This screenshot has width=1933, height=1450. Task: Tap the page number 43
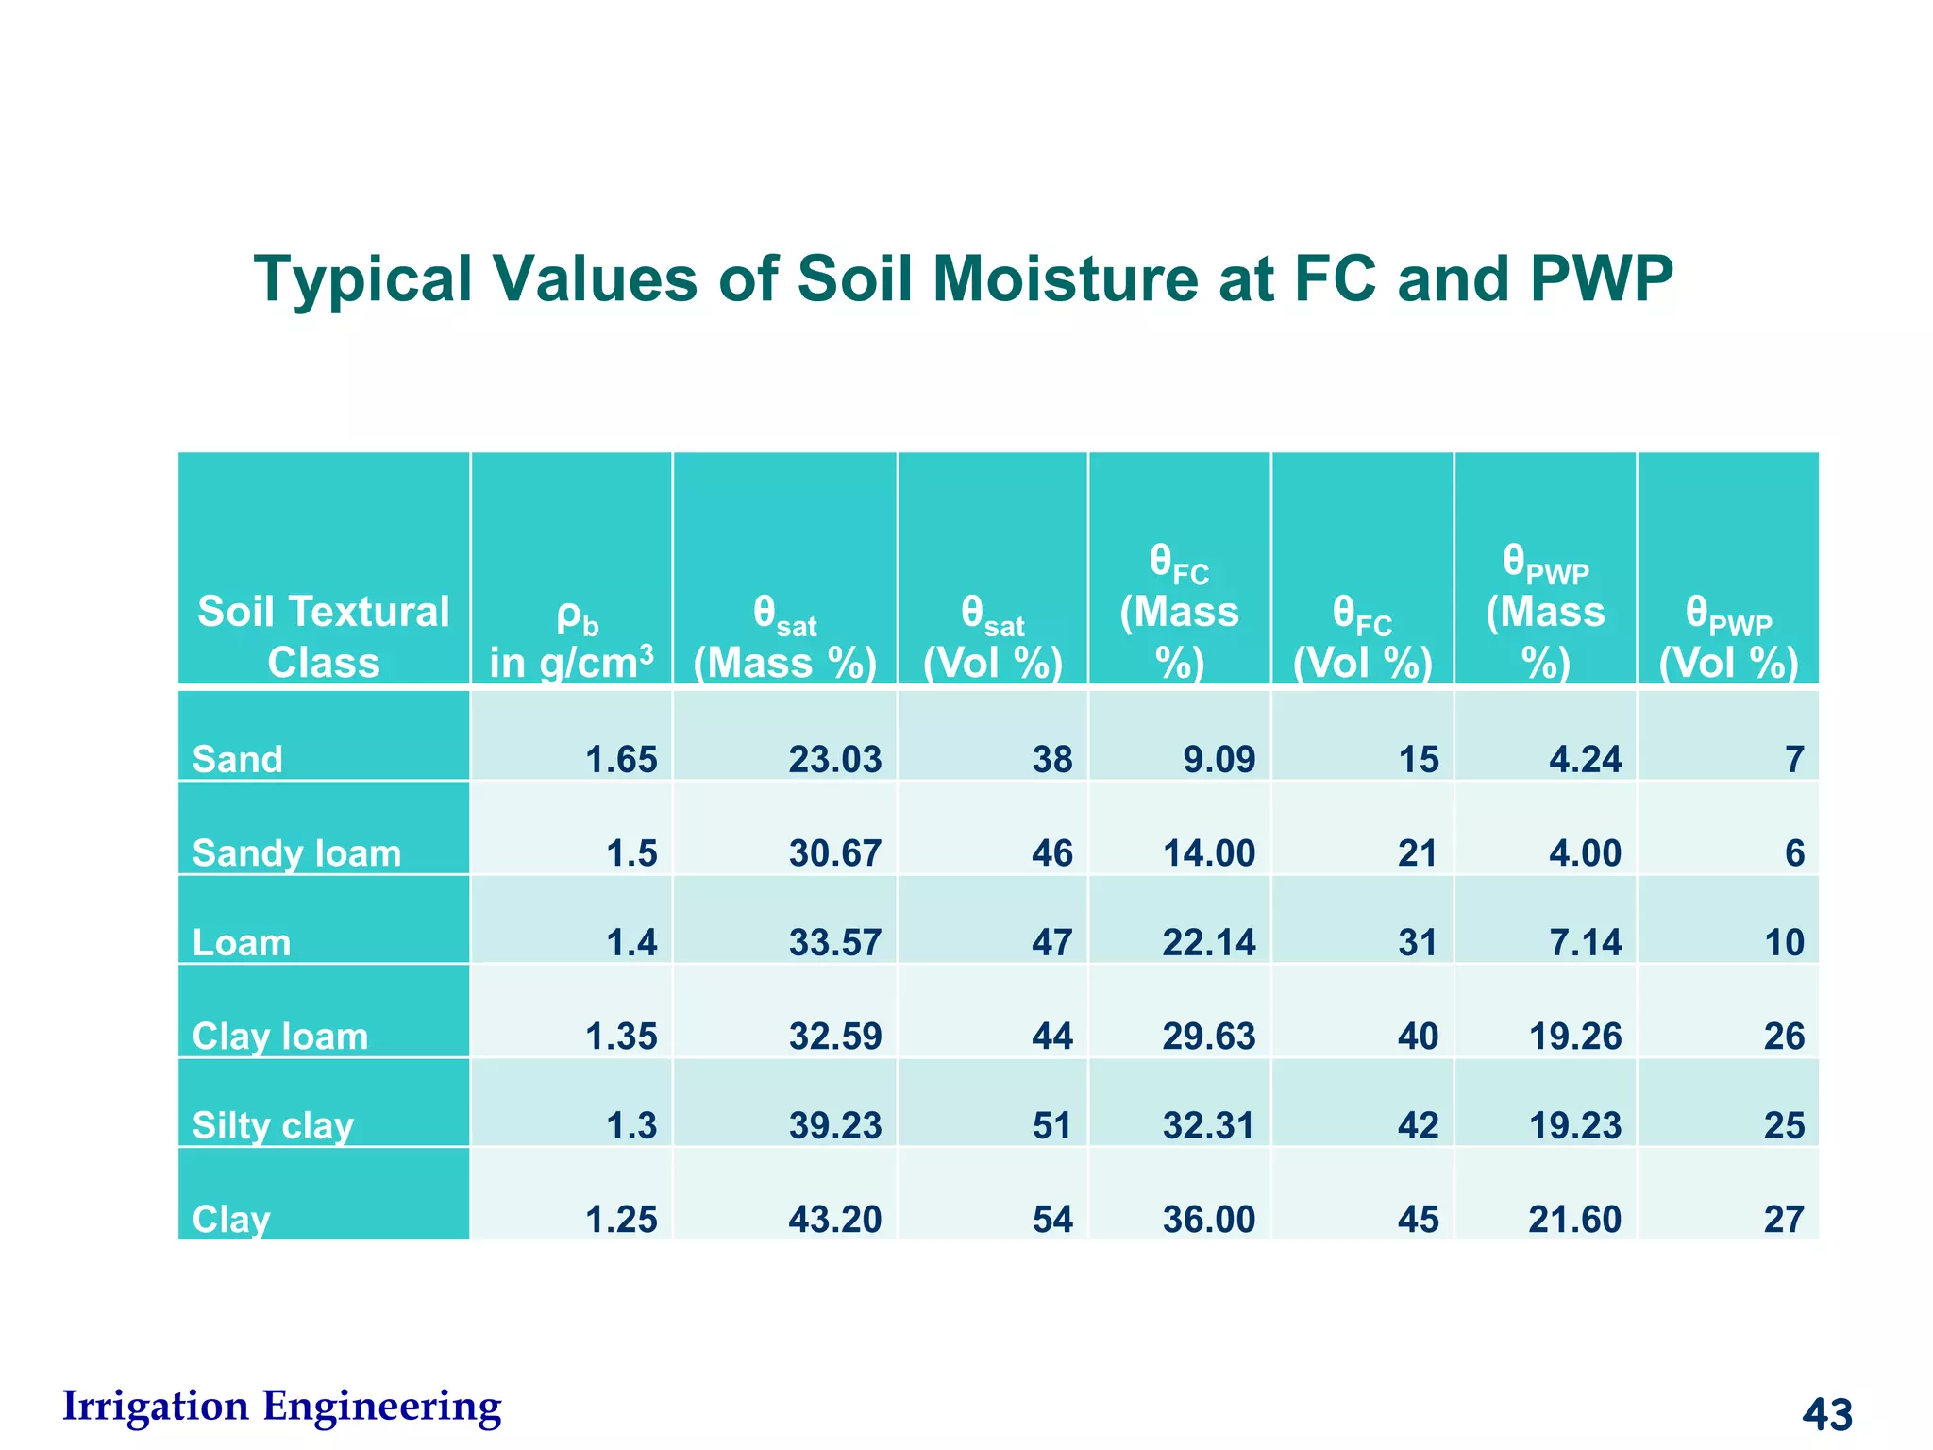point(1827,1413)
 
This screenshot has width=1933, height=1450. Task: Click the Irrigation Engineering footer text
point(281,1406)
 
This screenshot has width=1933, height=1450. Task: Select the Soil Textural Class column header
point(323,636)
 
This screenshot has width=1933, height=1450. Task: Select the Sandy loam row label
point(296,853)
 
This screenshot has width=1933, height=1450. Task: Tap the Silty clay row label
point(273,1125)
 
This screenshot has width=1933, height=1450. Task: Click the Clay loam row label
point(279,1037)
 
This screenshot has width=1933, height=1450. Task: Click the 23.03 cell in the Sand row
point(834,759)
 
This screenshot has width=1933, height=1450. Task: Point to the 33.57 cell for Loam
point(834,942)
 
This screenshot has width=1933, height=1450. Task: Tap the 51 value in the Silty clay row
point(1052,1125)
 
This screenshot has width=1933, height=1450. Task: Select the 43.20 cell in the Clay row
point(834,1220)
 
